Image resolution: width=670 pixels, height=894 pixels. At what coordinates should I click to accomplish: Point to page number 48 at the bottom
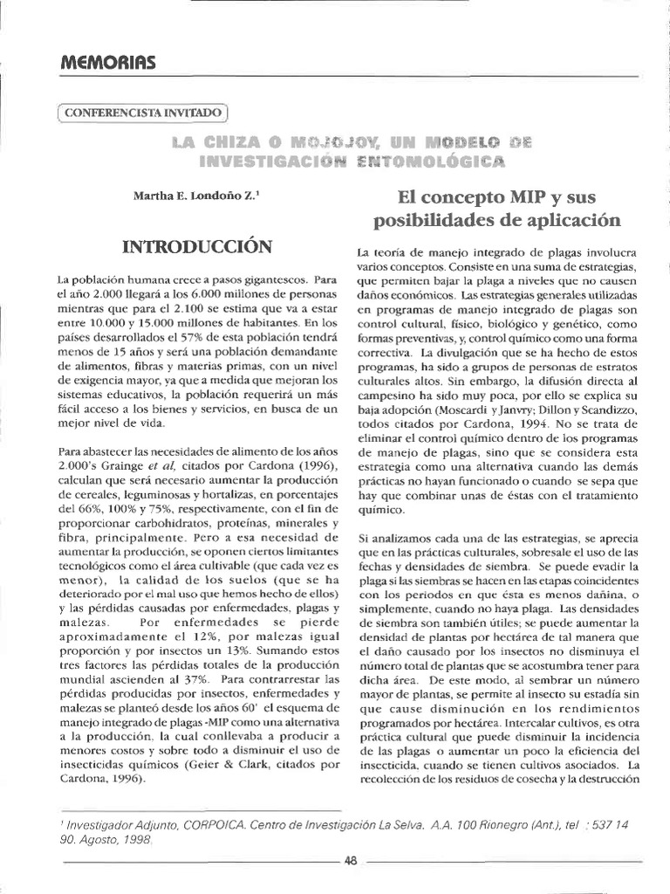point(351,860)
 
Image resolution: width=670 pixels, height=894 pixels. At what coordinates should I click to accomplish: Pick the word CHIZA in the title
point(232,140)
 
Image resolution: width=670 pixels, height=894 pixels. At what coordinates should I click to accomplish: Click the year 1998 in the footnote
point(133,839)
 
